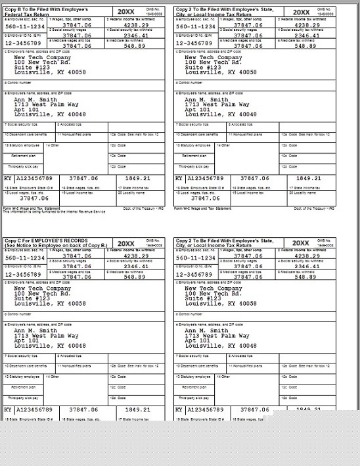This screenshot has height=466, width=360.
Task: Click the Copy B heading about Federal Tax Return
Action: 49,12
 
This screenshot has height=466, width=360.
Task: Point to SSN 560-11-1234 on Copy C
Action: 24,258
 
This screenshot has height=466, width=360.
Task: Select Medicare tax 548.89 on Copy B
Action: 137,46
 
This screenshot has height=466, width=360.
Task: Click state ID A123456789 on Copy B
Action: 34,178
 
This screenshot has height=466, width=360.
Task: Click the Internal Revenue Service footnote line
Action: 54,212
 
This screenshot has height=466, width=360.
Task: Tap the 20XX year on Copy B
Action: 125,12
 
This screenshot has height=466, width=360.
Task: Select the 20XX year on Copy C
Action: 125,243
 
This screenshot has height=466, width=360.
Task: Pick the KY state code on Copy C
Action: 9,409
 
